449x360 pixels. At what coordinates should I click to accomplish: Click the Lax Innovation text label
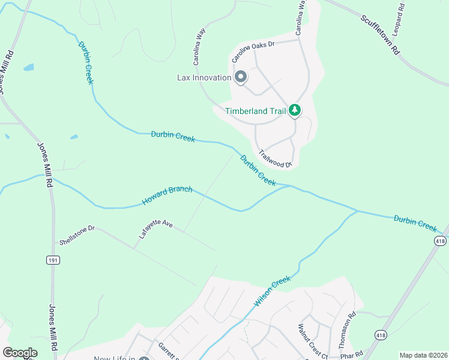click(204, 77)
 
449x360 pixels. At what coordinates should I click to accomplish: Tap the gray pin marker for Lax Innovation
click(241, 77)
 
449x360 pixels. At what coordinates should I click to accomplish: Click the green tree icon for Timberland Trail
click(294, 110)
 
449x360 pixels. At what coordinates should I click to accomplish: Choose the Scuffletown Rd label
click(379, 35)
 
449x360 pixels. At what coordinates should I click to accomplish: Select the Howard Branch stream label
click(167, 196)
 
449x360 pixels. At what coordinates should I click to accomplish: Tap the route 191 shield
click(52, 260)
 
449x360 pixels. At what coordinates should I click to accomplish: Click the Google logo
click(20, 353)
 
